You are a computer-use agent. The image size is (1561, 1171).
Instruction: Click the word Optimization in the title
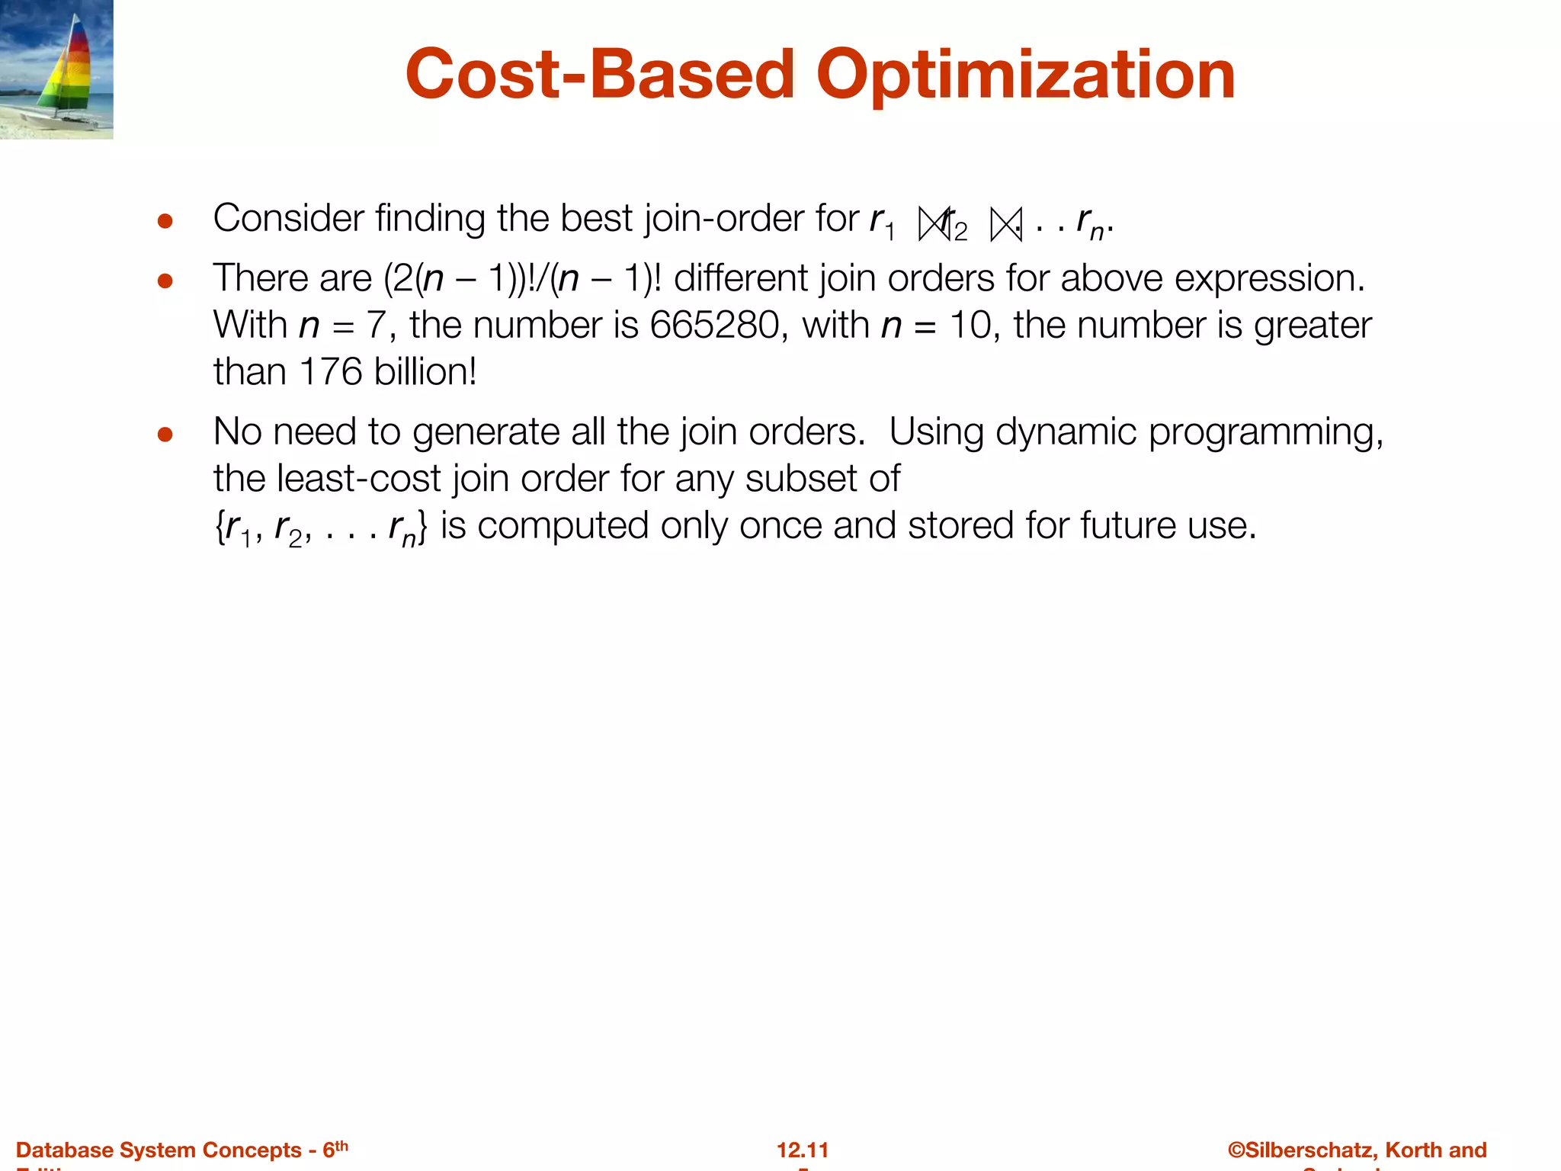tap(1025, 75)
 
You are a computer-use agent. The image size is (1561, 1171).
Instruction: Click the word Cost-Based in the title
tap(600, 75)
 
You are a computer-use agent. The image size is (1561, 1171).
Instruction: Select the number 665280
tap(713, 326)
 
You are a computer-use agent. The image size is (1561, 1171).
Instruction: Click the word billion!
tap(425, 373)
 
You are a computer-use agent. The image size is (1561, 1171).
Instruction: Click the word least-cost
tap(358, 480)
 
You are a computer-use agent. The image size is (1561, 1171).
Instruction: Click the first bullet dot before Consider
tap(165, 222)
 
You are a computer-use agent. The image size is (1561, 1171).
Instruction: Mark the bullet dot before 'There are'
tap(165, 281)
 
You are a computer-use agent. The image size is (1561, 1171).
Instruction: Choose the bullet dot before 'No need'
tap(165, 435)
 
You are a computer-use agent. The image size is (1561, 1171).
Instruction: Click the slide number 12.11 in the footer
tap(803, 1150)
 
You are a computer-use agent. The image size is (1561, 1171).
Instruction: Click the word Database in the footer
tap(62, 1150)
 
